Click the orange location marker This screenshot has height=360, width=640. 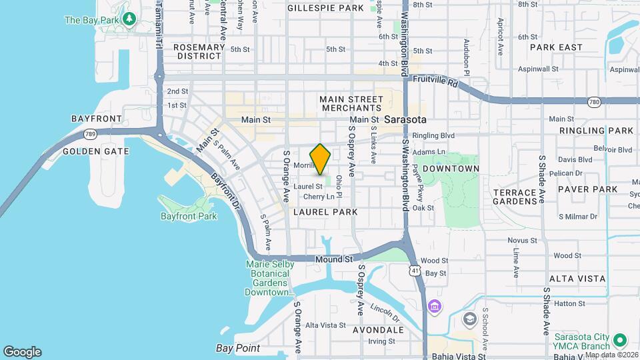(321, 159)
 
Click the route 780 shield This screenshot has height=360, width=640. (594, 102)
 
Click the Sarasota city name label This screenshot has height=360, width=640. (400, 119)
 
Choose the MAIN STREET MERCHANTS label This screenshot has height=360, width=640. (351, 103)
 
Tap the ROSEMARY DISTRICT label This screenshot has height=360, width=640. (198, 52)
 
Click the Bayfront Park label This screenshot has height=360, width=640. (189, 216)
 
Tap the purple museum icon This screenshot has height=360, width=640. (435, 307)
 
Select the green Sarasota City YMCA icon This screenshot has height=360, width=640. (619, 339)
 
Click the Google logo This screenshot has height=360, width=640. (22, 352)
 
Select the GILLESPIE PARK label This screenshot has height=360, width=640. (325, 8)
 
